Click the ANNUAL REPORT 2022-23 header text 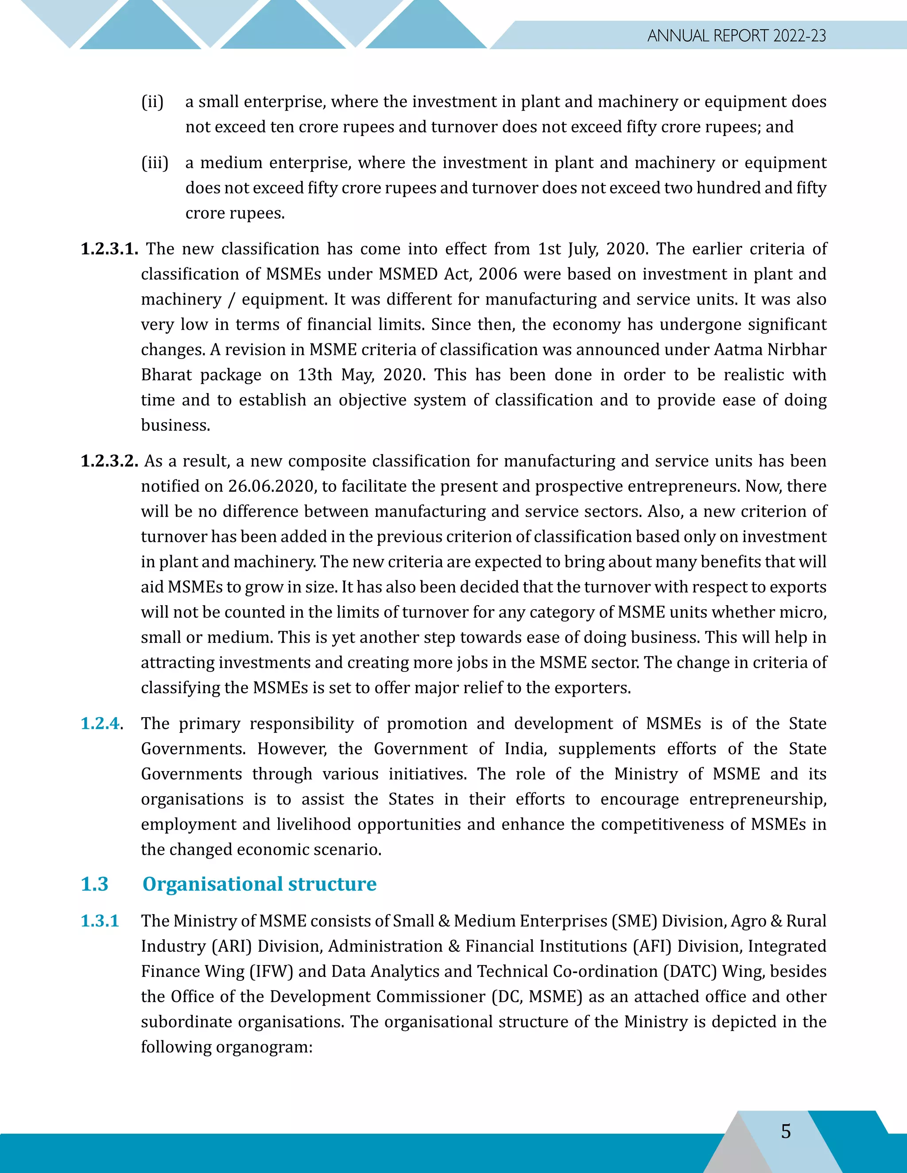(736, 35)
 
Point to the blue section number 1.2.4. (101, 723)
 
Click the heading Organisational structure (259, 884)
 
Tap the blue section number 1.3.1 (100, 921)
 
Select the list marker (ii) (152, 101)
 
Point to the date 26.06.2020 (271, 486)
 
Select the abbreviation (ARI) (232, 946)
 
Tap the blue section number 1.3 (95, 884)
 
